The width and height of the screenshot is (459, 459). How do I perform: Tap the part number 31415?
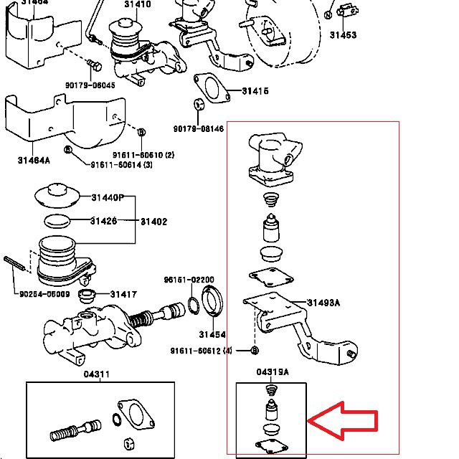255,91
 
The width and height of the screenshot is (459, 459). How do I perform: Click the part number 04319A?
272,372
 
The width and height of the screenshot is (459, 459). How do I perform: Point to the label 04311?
97,374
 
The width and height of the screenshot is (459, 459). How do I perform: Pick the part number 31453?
342,34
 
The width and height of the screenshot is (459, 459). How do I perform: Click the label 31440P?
108,198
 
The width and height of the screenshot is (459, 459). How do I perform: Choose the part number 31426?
103,221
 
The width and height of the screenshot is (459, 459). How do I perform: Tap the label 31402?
153,222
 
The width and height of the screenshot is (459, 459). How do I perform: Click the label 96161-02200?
189,280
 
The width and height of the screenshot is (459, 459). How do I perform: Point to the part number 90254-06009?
44,293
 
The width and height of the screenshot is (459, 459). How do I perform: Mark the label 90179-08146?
198,129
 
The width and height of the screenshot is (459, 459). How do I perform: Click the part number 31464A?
34,160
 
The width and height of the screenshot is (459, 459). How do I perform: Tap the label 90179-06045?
90,86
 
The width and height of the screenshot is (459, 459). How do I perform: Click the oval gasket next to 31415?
210,87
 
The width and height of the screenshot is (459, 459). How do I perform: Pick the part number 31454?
212,334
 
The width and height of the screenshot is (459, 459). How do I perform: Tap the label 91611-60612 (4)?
202,350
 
